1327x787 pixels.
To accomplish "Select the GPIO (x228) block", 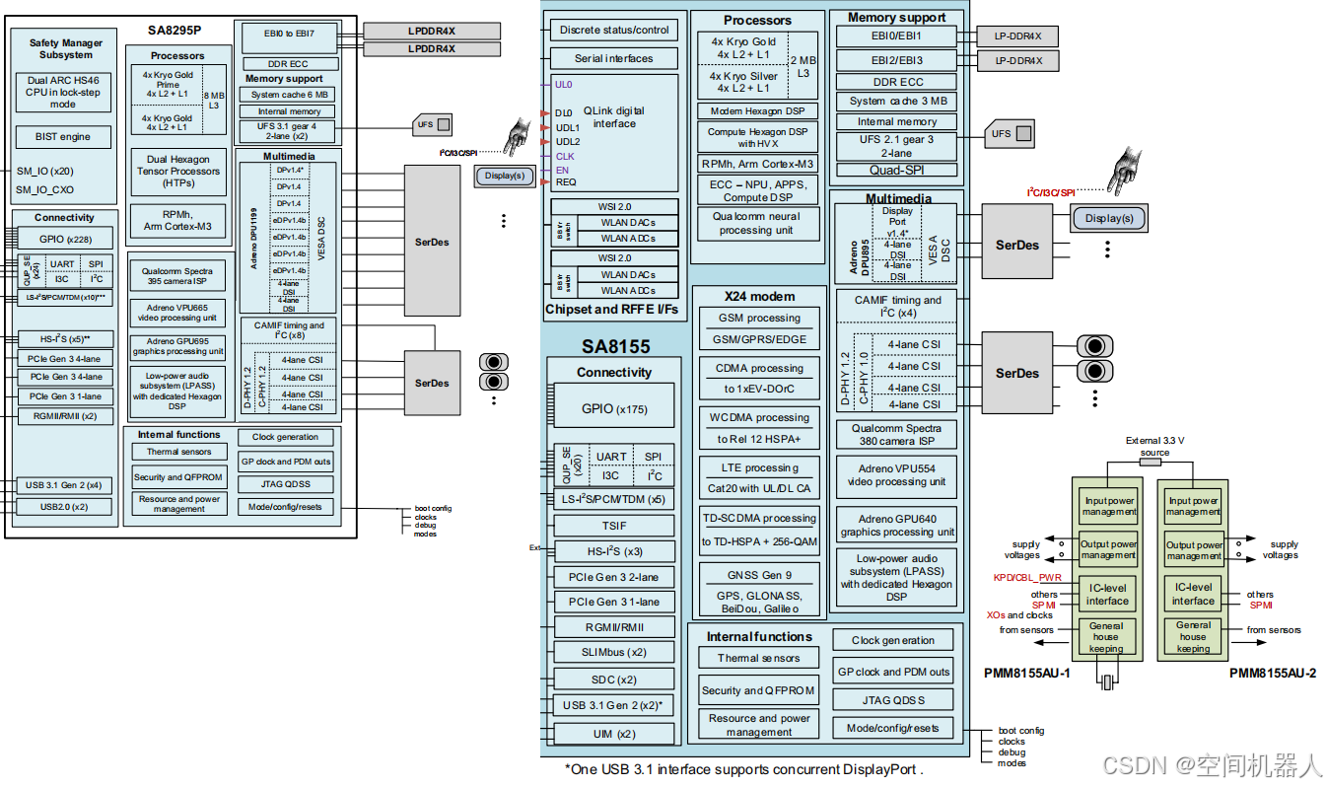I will [x=64, y=238].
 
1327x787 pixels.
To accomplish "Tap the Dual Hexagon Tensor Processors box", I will [x=178, y=172].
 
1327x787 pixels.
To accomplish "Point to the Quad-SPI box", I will [x=896, y=170].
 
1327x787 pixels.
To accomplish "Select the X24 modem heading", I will [x=758, y=296].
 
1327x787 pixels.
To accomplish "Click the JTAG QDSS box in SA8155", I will [x=892, y=699].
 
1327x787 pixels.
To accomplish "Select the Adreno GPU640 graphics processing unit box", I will [x=896, y=525].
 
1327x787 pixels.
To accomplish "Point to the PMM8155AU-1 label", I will [x=1026, y=673].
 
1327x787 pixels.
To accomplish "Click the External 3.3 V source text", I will [x=1154, y=447].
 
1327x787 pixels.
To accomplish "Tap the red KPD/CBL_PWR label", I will [x=1026, y=577].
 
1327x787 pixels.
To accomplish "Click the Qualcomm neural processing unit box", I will [x=757, y=223].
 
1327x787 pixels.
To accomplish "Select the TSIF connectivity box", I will [x=613, y=526].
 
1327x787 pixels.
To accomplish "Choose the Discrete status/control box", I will [x=613, y=30].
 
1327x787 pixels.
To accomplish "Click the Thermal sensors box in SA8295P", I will [x=178, y=452].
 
